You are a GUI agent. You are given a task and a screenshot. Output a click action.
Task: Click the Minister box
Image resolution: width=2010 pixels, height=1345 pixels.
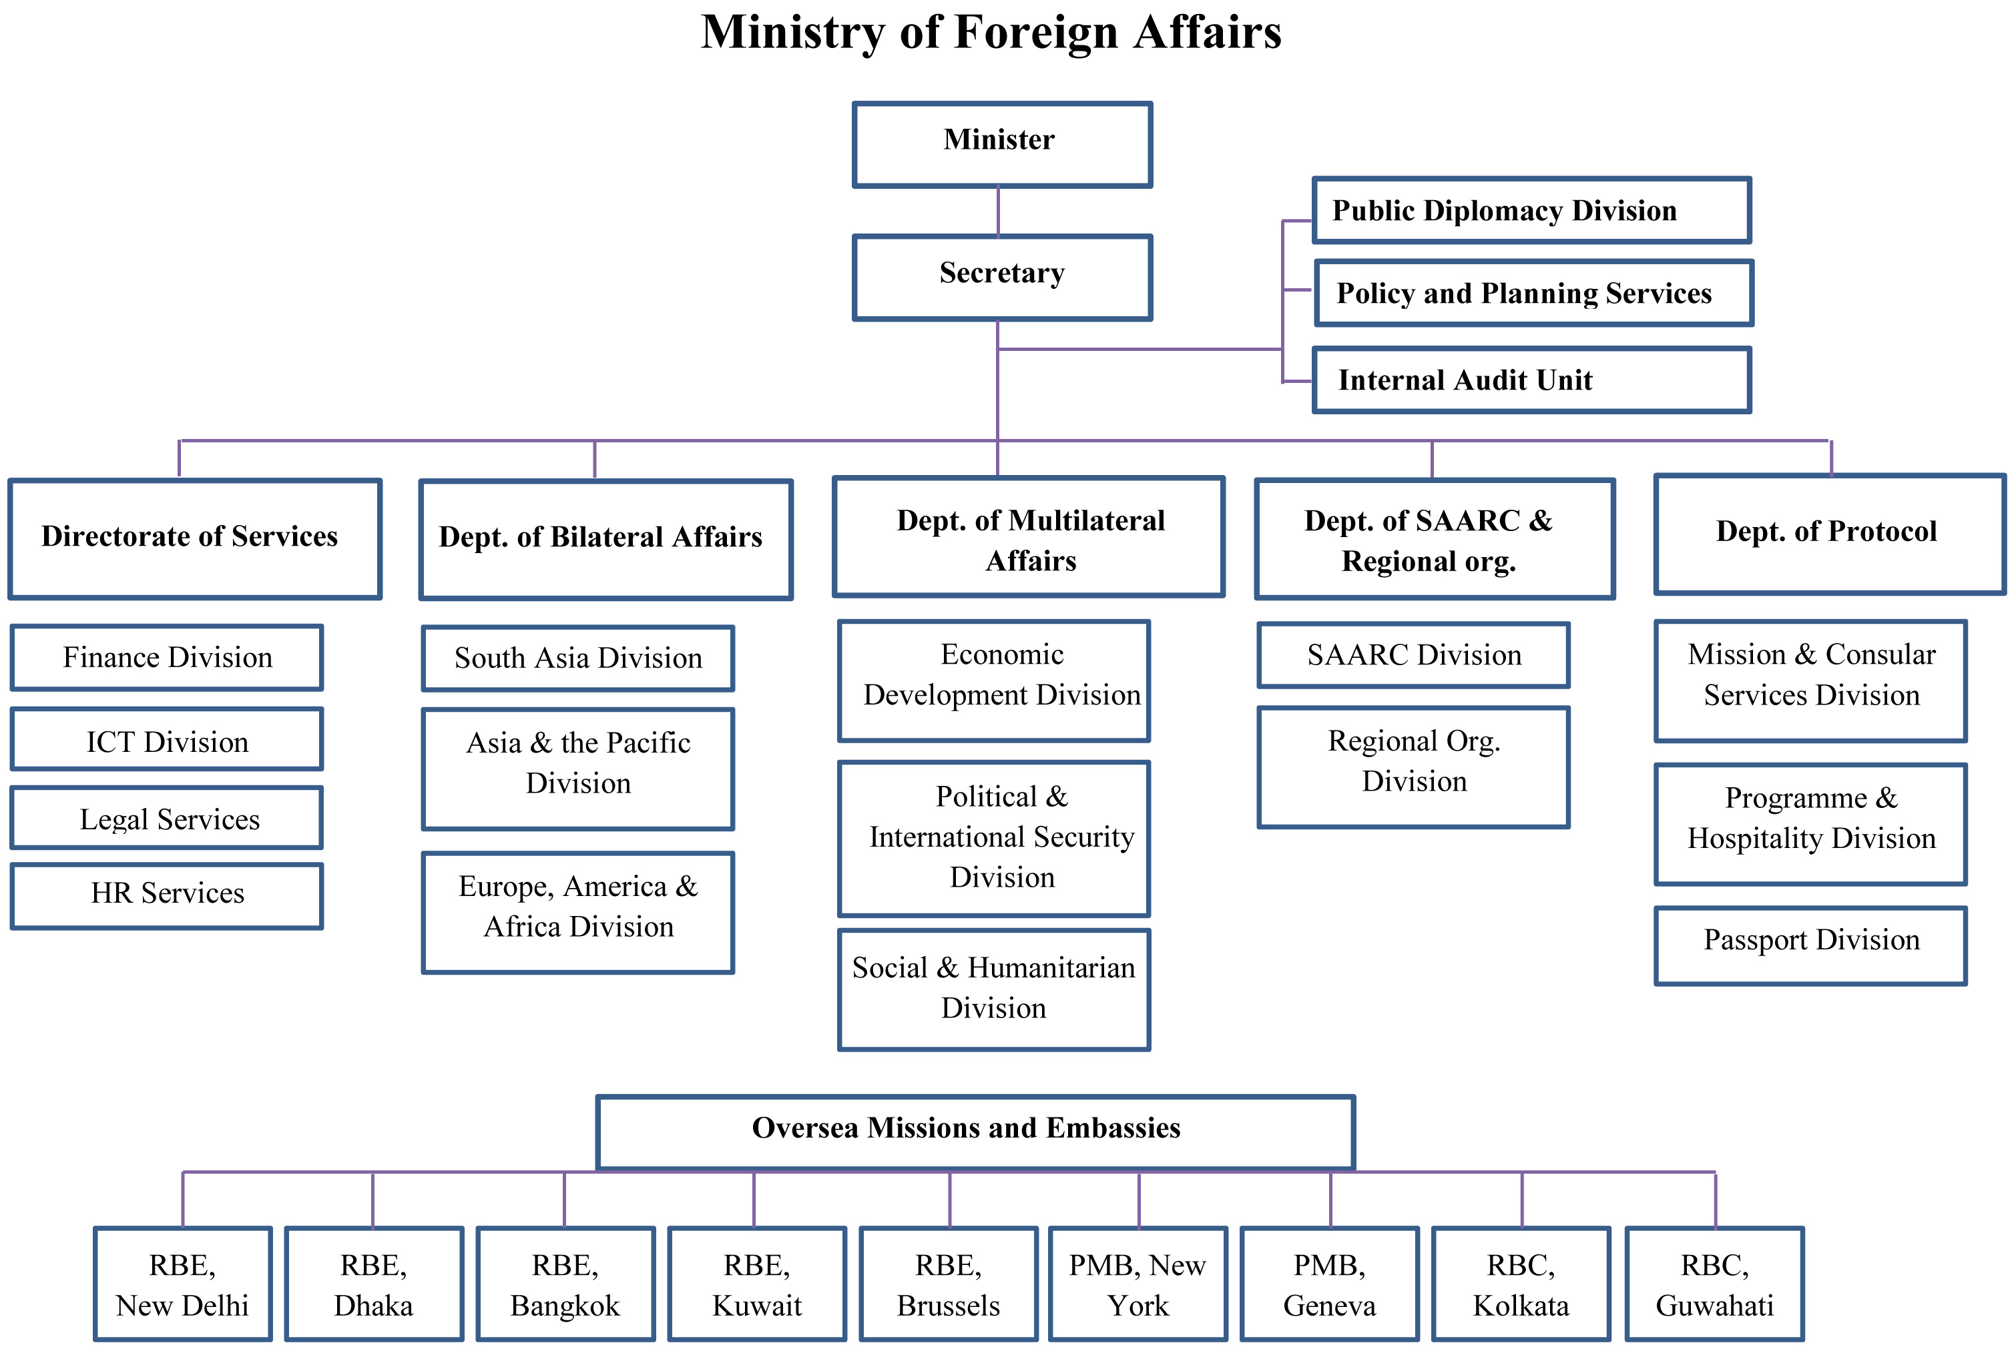(1001, 144)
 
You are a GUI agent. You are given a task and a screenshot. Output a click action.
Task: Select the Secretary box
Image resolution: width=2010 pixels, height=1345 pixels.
(1001, 277)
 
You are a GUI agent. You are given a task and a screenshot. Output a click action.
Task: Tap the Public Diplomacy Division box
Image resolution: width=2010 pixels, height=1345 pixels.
(1531, 211)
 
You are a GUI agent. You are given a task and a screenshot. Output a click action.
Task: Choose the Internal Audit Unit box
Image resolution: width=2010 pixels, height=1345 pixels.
(1531, 380)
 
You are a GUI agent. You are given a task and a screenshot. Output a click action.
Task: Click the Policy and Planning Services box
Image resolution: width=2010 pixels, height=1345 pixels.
(1533, 294)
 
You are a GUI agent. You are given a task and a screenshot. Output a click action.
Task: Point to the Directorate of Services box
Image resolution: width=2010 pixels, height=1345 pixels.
(195, 538)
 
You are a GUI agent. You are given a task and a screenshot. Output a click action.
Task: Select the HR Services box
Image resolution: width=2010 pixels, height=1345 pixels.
(168, 895)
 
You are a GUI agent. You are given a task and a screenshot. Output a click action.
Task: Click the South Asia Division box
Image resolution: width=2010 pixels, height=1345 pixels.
(577, 658)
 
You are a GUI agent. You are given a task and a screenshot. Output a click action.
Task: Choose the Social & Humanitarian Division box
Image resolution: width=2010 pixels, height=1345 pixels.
(994, 988)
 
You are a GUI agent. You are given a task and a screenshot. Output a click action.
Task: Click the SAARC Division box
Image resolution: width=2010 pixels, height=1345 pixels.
(1413, 655)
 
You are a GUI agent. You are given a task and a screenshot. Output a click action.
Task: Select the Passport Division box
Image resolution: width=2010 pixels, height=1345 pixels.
(1811, 945)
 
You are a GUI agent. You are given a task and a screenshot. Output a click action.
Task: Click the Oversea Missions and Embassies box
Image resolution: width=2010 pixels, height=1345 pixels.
(975, 1131)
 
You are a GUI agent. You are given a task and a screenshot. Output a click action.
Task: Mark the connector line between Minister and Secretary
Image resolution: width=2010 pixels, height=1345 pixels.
(998, 211)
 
